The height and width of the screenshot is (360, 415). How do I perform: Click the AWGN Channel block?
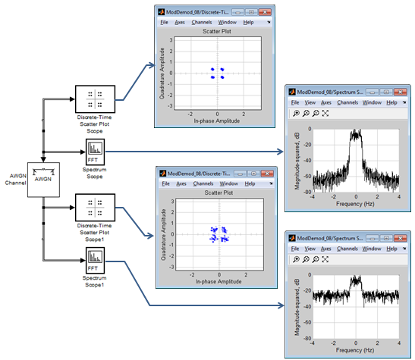click(43, 180)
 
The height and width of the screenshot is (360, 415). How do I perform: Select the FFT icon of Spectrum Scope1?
click(95, 260)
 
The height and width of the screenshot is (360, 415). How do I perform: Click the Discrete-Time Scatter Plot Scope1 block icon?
click(96, 208)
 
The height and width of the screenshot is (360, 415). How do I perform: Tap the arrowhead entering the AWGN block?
click(43, 159)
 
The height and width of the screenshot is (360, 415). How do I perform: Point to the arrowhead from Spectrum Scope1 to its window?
click(281, 305)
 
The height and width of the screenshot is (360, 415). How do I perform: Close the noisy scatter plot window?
click(267, 174)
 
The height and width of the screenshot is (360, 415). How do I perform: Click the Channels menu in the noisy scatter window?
click(203, 183)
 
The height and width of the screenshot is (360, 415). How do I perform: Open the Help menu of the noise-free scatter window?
click(248, 22)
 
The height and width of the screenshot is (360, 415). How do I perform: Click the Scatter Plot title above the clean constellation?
click(217, 31)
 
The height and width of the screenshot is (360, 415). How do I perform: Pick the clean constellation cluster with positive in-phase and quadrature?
click(222, 70)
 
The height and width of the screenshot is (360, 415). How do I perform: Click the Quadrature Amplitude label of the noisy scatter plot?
click(164, 234)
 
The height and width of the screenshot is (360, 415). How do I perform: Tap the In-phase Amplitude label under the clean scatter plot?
click(217, 121)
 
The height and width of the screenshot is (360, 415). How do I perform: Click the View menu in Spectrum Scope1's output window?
click(310, 249)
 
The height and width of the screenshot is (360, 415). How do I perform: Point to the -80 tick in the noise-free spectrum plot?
click(307, 192)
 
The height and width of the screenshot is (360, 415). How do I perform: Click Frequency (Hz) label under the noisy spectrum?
click(355, 350)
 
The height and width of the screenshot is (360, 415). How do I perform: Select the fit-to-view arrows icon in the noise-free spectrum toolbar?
click(325, 114)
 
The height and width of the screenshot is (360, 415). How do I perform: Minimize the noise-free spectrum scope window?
click(372, 92)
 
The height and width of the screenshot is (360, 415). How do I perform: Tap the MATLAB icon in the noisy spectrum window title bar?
click(292, 238)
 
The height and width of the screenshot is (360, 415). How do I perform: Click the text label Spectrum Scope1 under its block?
click(95, 281)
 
